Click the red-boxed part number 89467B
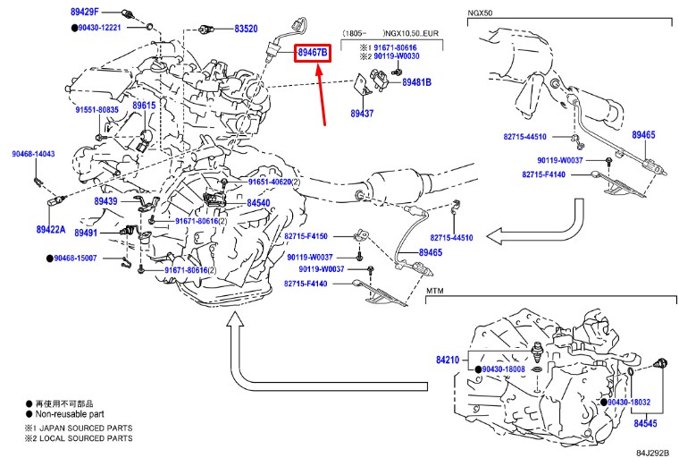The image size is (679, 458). (x=312, y=53)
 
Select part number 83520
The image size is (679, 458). (x=246, y=29)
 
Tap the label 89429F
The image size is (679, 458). (x=85, y=12)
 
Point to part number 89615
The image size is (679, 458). (x=144, y=106)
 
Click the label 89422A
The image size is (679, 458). (x=51, y=229)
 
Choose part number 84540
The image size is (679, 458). (x=258, y=203)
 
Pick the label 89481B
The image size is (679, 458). (x=416, y=82)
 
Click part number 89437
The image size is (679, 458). (x=362, y=114)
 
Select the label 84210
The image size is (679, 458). (x=448, y=360)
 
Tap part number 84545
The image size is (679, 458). (x=645, y=423)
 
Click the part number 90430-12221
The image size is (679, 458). (x=99, y=28)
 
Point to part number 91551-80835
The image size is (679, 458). (x=97, y=110)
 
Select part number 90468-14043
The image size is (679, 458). (x=33, y=154)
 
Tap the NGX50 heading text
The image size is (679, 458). (x=480, y=13)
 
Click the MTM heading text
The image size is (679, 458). (x=435, y=291)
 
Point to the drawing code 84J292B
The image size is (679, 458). (x=652, y=453)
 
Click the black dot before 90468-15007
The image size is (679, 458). (x=50, y=259)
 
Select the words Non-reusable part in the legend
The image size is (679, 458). (x=70, y=414)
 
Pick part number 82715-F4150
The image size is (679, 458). (x=306, y=236)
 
